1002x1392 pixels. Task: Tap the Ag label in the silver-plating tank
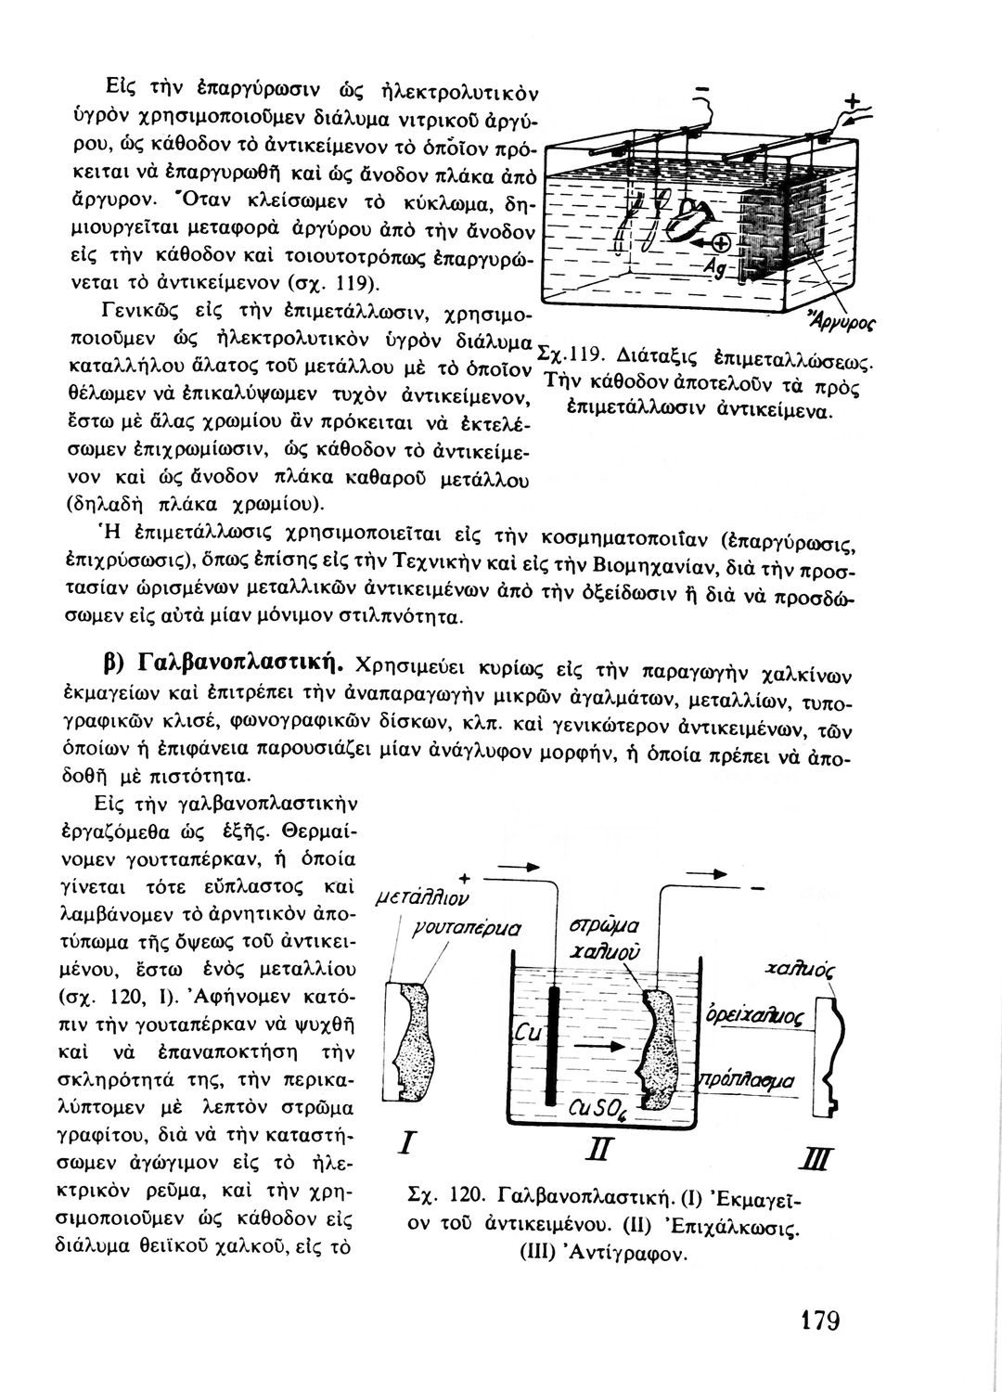coord(713,267)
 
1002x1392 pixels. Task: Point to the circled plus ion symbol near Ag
coord(720,244)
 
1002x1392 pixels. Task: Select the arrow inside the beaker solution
coord(597,1045)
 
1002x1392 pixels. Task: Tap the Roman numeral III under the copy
coord(826,1161)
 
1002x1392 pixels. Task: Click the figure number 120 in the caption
coord(468,1194)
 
